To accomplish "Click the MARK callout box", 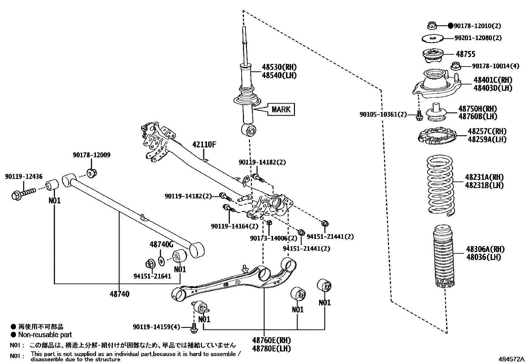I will pyautogui.click(x=281, y=109).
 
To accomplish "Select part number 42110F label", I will pyautogui.click(x=204, y=145).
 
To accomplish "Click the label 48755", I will pyautogui.click(x=465, y=54).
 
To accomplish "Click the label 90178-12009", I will pyautogui.click(x=91, y=155).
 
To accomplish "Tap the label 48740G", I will pyautogui.click(x=161, y=245).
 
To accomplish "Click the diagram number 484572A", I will pyautogui.click(x=512, y=359).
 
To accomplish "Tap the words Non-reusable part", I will pyautogui.click(x=45, y=335).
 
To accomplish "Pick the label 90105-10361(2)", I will pyautogui.click(x=383, y=114).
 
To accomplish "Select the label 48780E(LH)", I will pyautogui.click(x=271, y=348).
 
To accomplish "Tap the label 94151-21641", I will pyautogui.click(x=152, y=276).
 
